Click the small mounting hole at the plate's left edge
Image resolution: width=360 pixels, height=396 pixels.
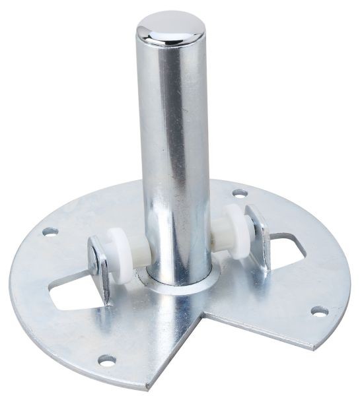[50, 232]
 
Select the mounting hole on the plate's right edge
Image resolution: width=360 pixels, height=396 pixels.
[319, 310]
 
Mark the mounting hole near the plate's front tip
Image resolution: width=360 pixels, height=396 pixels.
[106, 360]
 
